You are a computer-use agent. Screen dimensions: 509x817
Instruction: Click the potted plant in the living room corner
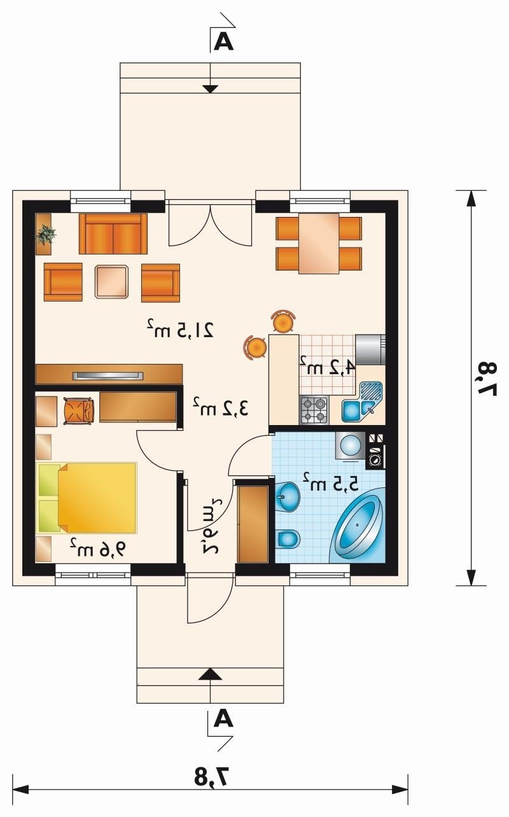[46, 234]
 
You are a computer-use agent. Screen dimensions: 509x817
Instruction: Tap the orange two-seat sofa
[113, 234]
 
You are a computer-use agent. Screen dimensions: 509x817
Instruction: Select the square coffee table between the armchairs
[112, 281]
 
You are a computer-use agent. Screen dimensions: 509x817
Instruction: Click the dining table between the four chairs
[319, 243]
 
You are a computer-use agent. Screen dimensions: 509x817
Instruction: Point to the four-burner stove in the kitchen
[314, 410]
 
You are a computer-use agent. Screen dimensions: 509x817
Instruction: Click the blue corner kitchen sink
[363, 402]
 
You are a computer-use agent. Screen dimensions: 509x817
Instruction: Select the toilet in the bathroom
[288, 538]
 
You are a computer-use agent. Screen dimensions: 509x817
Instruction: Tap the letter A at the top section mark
[223, 42]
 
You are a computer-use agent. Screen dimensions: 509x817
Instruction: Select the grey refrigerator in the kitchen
[370, 349]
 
